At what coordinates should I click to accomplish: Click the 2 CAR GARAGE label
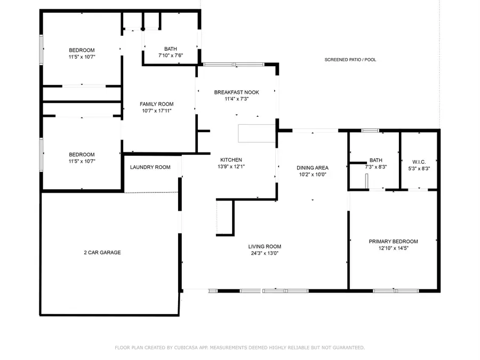(102, 252)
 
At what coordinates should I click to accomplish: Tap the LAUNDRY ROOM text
(150, 167)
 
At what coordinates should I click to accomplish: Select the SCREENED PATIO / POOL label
(350, 60)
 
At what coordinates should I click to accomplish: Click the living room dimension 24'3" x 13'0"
(265, 253)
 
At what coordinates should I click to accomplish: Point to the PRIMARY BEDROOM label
(394, 241)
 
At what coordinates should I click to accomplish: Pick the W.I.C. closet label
(418, 162)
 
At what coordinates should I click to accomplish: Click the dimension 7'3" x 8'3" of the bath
(376, 167)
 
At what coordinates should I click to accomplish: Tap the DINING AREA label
(313, 167)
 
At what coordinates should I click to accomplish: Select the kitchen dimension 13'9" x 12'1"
(231, 166)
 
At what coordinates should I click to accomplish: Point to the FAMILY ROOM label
(157, 104)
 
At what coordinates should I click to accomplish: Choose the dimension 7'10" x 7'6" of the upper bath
(171, 55)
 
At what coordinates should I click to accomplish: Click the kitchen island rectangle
(257, 134)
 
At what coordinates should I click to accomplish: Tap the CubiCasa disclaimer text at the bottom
(240, 347)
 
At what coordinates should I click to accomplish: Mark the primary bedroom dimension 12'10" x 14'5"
(394, 248)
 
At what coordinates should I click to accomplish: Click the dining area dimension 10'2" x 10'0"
(313, 174)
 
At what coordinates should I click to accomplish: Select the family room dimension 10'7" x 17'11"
(157, 111)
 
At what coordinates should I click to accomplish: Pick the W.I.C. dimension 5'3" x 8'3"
(418, 168)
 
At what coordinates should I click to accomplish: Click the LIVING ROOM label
(265, 246)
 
